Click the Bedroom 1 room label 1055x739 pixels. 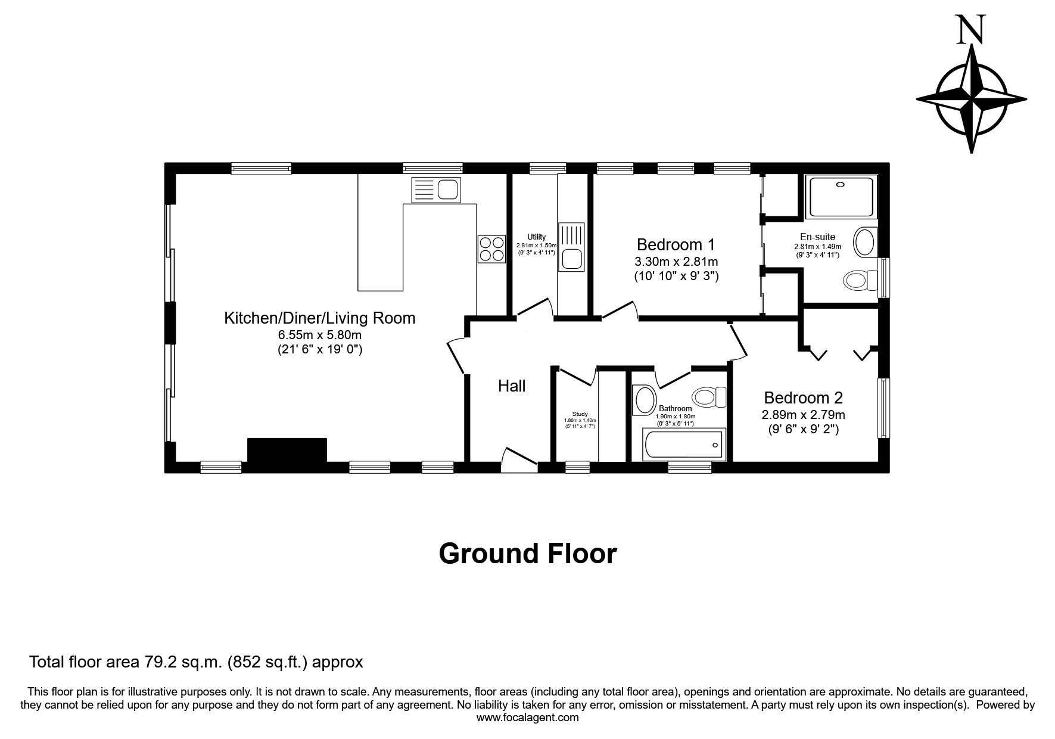[676, 245]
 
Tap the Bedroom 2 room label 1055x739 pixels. [803, 398]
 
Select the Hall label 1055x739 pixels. [512, 386]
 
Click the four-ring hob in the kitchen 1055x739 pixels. [491, 249]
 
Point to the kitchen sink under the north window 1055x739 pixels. [436, 190]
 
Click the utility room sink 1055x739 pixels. [572, 247]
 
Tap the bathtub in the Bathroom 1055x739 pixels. [684, 444]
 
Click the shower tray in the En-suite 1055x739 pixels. [841, 196]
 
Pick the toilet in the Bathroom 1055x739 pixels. [709, 396]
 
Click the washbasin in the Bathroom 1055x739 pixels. [645, 400]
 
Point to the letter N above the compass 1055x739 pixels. [970, 30]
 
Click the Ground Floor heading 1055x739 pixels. [528, 554]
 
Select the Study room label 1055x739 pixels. [580, 414]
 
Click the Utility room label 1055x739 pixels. [536, 237]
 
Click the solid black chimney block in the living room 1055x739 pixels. [287, 450]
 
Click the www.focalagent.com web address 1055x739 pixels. [528, 718]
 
